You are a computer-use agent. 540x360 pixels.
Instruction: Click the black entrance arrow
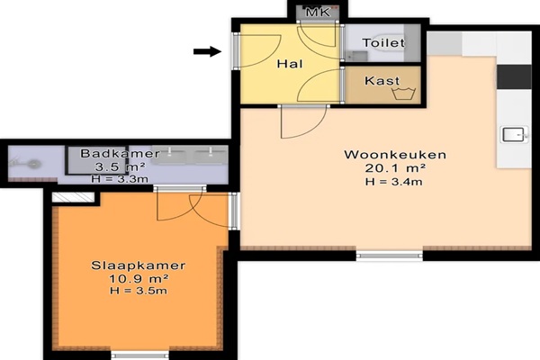pos(207,51)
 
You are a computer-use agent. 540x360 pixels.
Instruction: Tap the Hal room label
pos(291,64)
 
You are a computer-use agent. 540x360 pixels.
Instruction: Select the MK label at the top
pos(319,13)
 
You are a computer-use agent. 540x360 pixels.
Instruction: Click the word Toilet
pos(383,42)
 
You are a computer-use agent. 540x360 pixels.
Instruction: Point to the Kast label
pos(382,81)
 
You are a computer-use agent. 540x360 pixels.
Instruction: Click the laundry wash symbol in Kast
pos(404,94)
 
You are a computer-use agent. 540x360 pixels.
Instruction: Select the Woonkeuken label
pos(395,155)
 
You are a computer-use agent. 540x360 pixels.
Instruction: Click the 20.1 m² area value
pos(395,168)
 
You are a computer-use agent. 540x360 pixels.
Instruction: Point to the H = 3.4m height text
pos(394,182)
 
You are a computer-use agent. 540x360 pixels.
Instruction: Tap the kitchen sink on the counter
pos(515,134)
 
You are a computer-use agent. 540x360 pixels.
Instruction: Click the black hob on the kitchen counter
pos(514,76)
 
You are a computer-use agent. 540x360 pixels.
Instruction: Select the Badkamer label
pos(120,153)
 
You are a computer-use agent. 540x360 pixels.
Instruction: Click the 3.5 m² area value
pos(120,167)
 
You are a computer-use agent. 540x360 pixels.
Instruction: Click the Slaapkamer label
pos(138,265)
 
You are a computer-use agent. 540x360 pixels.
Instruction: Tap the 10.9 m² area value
pos(138,278)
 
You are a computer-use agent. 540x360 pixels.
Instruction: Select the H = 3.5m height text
pos(139,291)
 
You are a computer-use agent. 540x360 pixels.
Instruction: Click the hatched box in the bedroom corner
pos(73,197)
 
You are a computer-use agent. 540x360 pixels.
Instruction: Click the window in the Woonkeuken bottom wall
pos(389,256)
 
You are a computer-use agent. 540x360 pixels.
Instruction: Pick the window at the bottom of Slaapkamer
pos(139,355)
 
